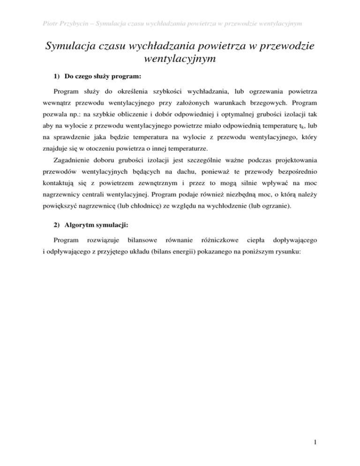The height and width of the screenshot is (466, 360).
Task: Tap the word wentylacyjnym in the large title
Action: point(180,60)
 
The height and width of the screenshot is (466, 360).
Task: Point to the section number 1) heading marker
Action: point(56,75)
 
